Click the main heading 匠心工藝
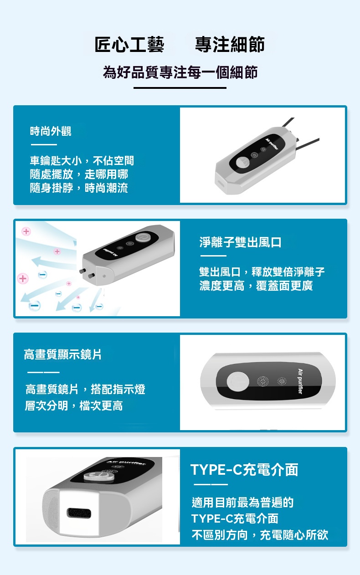pyautogui.click(x=129, y=45)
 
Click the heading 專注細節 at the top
pyautogui.click(x=230, y=45)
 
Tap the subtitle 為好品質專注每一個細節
pyautogui.click(x=180, y=72)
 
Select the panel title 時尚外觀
pyautogui.click(x=51, y=131)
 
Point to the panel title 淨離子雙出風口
pyautogui.click(x=240, y=242)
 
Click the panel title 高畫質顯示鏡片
pyautogui.click(x=62, y=354)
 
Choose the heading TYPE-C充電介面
pyautogui.click(x=244, y=470)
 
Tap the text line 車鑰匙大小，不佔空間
pyautogui.click(x=82, y=161)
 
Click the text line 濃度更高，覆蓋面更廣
pyautogui.click(x=256, y=286)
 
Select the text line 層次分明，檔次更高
pyautogui.click(x=74, y=406)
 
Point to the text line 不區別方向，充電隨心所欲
pyautogui.click(x=260, y=535)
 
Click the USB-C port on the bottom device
pyautogui.click(x=79, y=513)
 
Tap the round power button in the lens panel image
pyautogui.click(x=238, y=381)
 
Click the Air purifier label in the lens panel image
pyautogui.click(x=300, y=381)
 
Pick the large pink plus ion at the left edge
pyautogui.click(x=23, y=278)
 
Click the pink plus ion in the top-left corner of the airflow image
pyautogui.click(x=26, y=231)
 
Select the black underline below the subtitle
pyautogui.click(x=180, y=88)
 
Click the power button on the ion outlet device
pyautogui.click(x=142, y=238)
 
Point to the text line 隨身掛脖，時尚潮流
pyautogui.click(x=79, y=188)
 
